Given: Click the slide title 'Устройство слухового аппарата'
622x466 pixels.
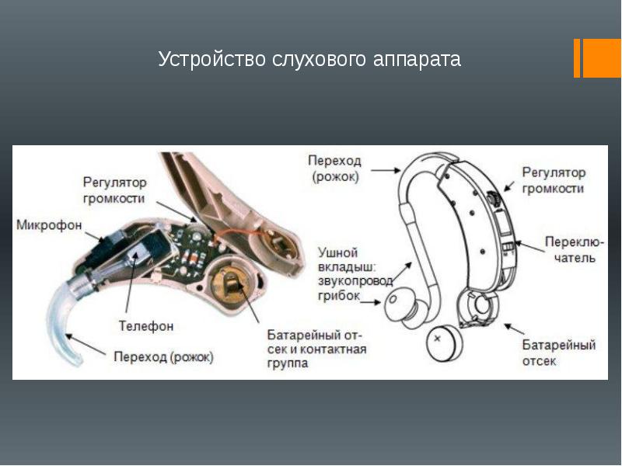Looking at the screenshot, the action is coord(309,59).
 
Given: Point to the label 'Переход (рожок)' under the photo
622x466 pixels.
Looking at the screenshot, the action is coord(163,357).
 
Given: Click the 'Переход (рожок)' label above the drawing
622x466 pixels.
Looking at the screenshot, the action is coord(334,168).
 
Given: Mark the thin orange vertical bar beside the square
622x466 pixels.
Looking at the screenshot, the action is coord(577,58).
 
